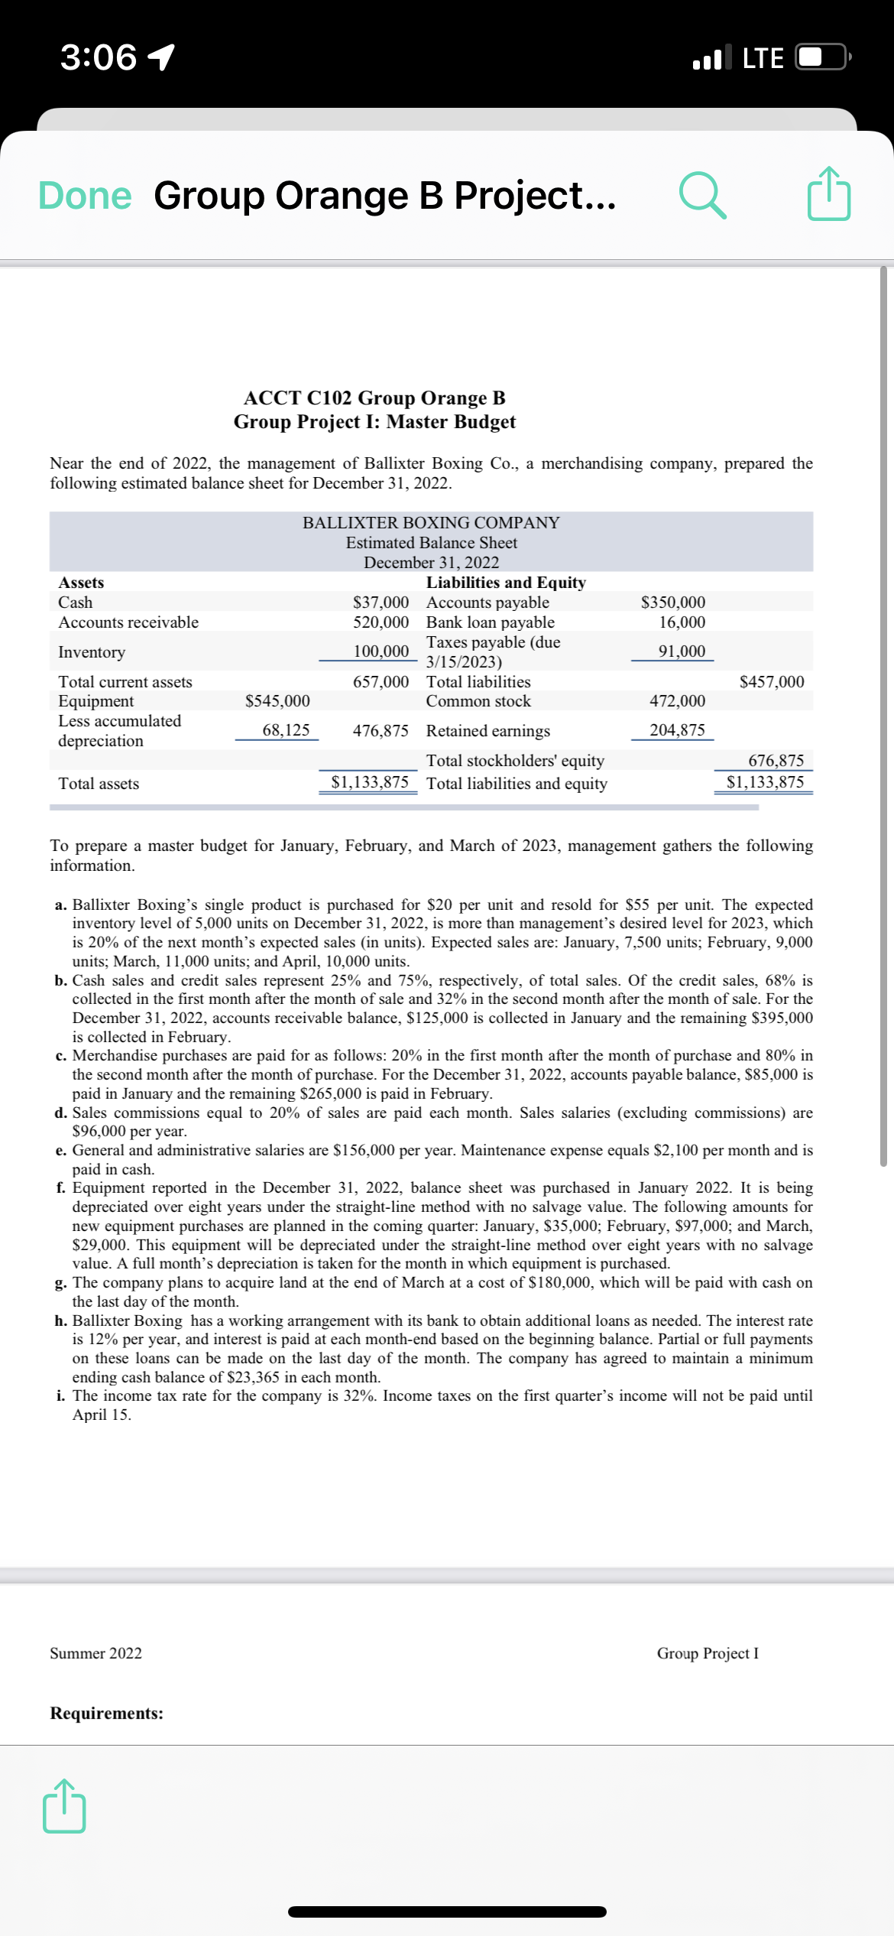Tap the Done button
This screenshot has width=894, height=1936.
85,196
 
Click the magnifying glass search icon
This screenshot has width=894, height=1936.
702,196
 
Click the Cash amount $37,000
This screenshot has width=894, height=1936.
381,603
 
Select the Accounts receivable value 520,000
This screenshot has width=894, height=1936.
381,622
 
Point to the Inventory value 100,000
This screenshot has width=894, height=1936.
381,651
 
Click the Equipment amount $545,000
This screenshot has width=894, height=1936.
277,701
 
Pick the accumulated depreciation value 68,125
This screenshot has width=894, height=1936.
286,730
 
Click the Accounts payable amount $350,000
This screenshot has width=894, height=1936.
672,603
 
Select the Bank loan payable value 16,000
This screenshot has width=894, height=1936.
682,622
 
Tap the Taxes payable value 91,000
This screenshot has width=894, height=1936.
682,651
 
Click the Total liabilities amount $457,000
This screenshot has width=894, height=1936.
771,681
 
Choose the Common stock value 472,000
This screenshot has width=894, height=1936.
677,701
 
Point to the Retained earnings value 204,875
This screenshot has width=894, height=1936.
677,730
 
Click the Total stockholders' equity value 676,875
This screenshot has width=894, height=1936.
776,761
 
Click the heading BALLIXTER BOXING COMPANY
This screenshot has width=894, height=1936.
431,523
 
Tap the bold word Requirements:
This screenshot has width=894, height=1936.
107,1713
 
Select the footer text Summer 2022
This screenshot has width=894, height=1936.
96,1653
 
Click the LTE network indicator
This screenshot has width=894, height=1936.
763,58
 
